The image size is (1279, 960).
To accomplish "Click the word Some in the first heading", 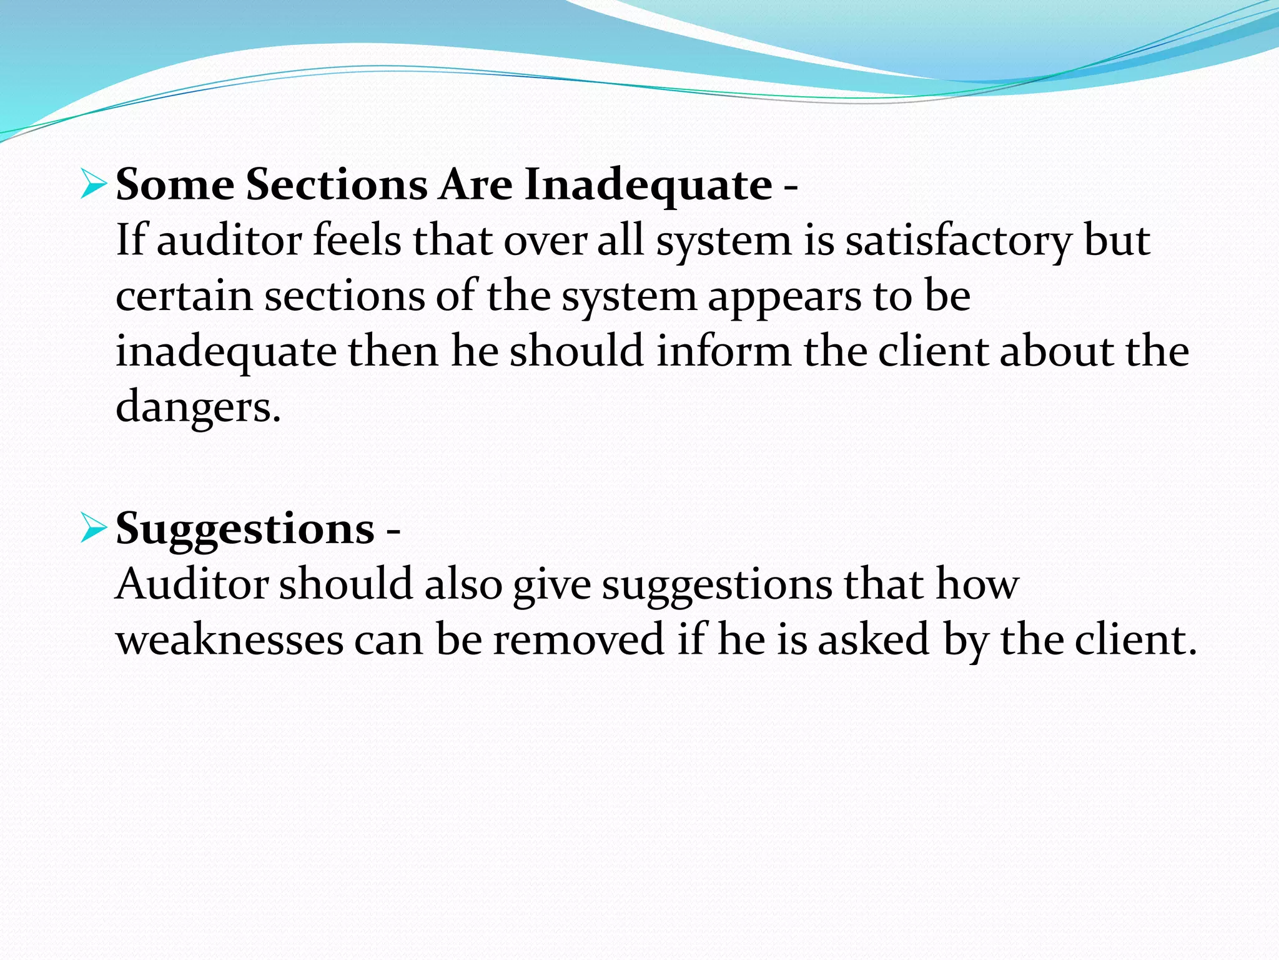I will coord(175,185).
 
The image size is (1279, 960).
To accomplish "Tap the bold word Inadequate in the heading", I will coord(648,186).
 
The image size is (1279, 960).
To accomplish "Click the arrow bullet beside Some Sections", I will coord(94,186).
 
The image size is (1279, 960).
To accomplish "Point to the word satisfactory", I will coord(958,241).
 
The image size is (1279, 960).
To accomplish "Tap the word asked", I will coord(874,640).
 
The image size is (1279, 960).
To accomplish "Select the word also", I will coord(463,584).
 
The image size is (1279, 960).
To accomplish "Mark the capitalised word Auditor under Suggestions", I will coord(192,584).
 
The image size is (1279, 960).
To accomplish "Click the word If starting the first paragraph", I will coord(131,241).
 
